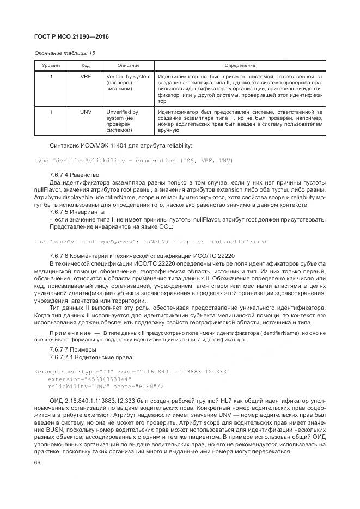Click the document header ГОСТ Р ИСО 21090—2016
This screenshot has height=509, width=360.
71,36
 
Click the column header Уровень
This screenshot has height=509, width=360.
51,65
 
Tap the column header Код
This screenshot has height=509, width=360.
86,65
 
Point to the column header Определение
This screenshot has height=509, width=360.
240,65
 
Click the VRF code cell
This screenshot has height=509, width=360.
86,77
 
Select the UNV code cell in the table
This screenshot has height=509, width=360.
86,112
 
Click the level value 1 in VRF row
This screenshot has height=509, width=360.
51,77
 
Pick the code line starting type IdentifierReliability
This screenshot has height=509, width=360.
133,161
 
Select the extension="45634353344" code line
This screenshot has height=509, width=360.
89,379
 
